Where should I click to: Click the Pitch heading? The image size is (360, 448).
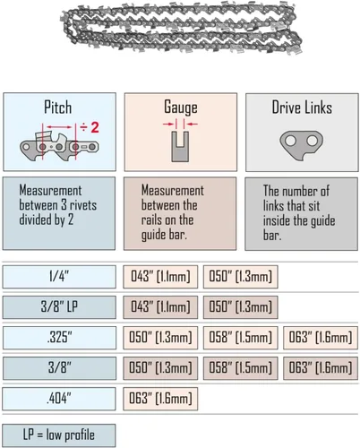tap(58, 107)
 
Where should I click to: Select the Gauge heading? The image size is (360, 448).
tap(181, 108)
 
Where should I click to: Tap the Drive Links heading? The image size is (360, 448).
tap(302, 108)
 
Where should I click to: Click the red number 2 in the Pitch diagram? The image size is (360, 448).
tap(95, 127)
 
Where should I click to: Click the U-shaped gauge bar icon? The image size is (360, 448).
tap(180, 147)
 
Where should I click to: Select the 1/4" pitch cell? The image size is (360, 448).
tap(59, 277)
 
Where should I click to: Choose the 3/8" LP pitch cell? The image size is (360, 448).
tap(59, 307)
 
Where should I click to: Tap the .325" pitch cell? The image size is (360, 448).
tap(59, 338)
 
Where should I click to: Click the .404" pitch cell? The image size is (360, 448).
tap(59, 399)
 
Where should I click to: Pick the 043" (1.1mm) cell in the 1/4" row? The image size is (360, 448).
tap(160, 277)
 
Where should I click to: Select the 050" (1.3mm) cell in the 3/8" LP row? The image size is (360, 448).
tap(241, 307)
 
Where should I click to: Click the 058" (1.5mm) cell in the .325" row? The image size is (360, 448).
tap(241, 338)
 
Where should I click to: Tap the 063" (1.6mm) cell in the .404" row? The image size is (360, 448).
tap(160, 399)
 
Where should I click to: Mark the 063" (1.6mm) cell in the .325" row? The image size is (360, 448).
tap(321, 338)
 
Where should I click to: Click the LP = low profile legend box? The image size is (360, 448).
tap(59, 435)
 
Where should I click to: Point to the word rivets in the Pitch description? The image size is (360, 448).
tap(83, 205)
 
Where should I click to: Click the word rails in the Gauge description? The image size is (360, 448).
tap(150, 220)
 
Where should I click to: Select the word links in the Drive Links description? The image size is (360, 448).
tap(273, 205)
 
